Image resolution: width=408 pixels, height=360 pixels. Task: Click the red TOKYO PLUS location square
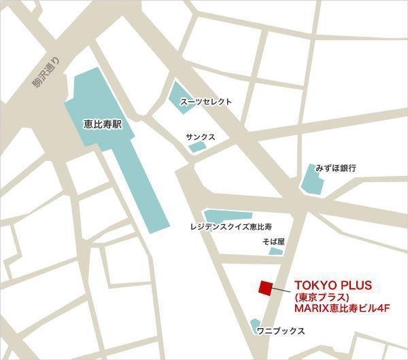point(265,287)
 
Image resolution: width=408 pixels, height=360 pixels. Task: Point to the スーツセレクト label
point(205,102)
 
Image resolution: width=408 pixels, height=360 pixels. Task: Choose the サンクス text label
point(201,137)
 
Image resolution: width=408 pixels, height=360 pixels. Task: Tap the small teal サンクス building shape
point(197,147)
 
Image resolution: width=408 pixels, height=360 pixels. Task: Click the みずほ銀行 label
point(336,167)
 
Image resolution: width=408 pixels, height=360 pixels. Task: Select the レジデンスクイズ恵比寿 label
point(231,226)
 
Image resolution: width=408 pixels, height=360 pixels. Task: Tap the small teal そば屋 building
point(275,251)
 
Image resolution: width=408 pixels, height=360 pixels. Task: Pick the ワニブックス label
point(281,331)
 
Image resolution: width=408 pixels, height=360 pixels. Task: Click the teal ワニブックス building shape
point(256,327)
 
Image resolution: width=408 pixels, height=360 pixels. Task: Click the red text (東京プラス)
point(322,297)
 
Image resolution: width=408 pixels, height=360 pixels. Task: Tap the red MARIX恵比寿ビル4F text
point(341,309)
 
